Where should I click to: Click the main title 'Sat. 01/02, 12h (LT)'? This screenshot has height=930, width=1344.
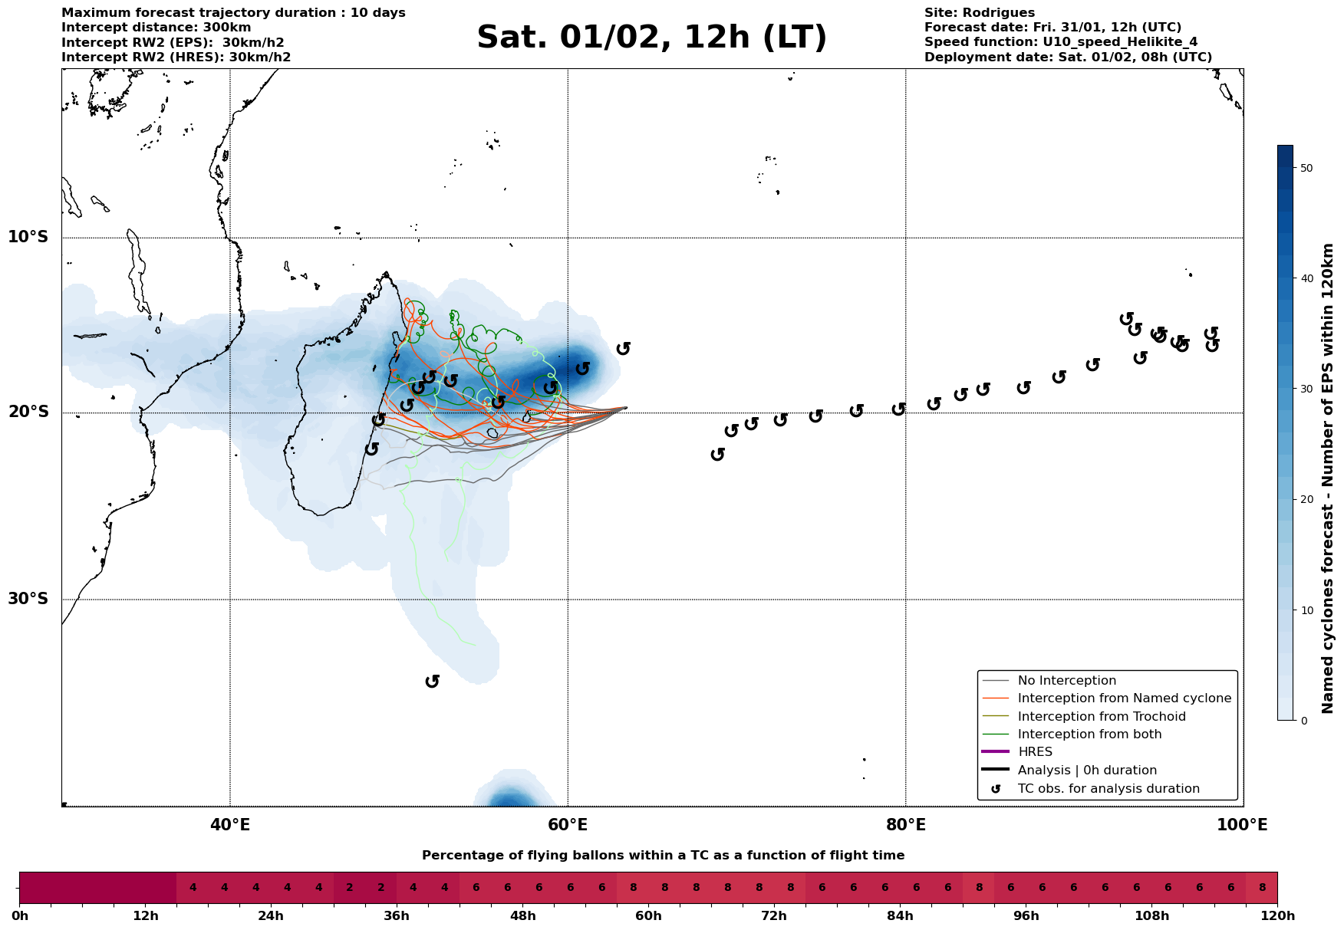click(651, 38)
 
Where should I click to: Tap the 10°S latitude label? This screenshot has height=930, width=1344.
click(28, 237)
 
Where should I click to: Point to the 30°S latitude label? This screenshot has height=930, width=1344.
click(28, 599)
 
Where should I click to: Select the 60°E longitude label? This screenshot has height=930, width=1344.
click(568, 826)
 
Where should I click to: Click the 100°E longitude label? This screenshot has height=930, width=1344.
click(1242, 826)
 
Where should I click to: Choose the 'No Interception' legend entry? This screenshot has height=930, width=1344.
click(1066, 681)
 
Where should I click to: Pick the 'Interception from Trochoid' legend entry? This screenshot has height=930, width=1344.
click(1101, 717)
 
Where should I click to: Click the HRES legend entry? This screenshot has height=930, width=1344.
click(1035, 752)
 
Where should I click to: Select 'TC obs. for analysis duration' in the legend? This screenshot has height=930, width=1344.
click(1108, 789)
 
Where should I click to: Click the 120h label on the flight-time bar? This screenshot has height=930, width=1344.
click(1277, 916)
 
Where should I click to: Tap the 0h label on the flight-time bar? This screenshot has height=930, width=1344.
click(20, 916)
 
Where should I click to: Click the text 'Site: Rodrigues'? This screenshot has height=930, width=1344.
click(979, 13)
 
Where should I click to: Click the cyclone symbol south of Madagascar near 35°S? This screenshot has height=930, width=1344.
click(433, 681)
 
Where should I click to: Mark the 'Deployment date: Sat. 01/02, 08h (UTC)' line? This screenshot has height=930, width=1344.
click(1068, 58)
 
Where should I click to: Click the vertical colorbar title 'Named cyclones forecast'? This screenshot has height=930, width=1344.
click(1328, 478)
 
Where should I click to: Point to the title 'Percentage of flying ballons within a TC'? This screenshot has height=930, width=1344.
click(663, 856)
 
